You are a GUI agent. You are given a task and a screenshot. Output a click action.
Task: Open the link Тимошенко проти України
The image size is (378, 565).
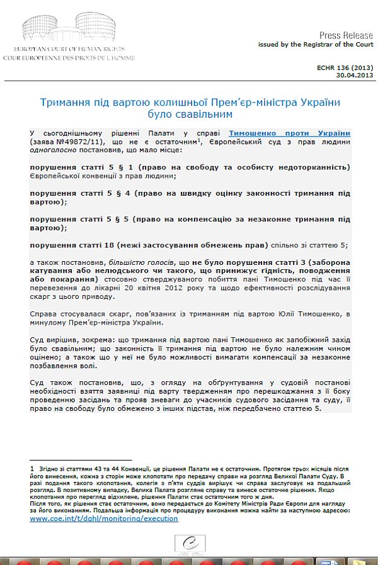click(289, 133)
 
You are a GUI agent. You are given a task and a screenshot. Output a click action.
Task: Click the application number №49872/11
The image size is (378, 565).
click(76, 143)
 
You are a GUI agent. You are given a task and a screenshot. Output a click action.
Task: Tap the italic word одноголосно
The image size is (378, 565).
click(54, 152)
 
